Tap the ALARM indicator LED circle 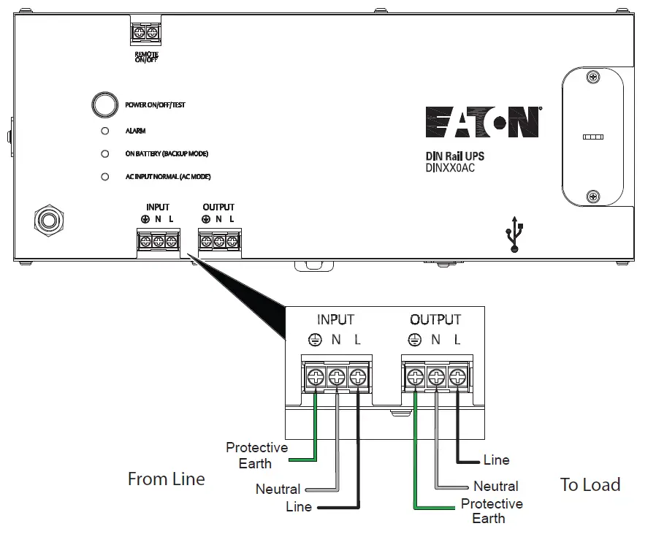coord(104,131)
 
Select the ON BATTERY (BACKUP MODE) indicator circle coord(104,154)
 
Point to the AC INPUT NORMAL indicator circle coord(104,177)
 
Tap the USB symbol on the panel coord(516,234)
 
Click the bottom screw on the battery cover coord(593,195)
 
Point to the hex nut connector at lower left coord(48,221)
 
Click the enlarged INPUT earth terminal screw coord(316,377)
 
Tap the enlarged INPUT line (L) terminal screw coord(357,377)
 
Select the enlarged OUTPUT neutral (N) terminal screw coord(436,377)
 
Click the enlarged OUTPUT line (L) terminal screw coord(457,377)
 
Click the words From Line coord(166,479)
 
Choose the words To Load coord(590,484)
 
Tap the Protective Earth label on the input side coord(256,455)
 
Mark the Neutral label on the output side coord(495,486)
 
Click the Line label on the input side coord(298,506)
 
